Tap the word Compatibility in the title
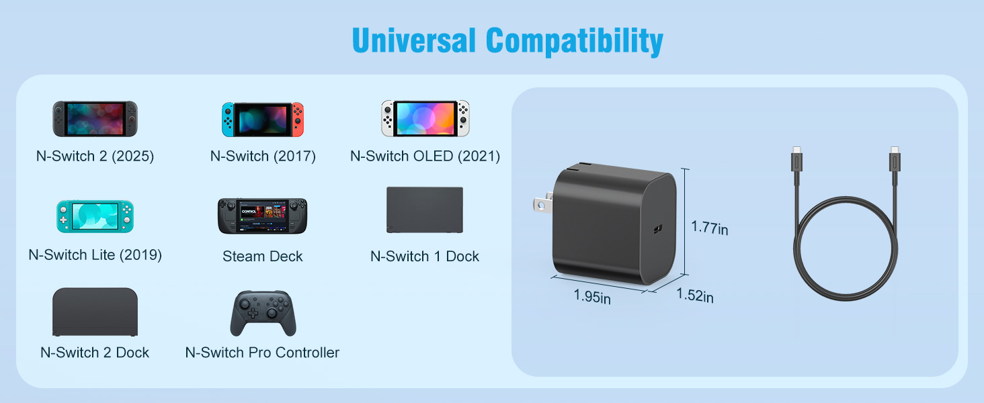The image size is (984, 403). [575, 42]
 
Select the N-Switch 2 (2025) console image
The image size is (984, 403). [95, 119]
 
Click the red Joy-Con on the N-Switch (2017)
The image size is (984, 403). [298, 119]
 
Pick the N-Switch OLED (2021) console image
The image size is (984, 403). [425, 118]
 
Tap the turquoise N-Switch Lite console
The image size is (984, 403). [95, 216]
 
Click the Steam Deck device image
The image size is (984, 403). [262, 216]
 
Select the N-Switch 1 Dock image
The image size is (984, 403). [425, 210]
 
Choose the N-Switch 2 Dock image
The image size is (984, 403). [95, 312]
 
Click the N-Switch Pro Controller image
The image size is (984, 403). [263, 314]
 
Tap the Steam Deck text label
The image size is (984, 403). [263, 256]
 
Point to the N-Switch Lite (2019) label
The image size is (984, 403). [95, 255]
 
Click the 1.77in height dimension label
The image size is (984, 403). [710, 228]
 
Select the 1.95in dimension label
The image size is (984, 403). [592, 296]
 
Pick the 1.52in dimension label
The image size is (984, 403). [695, 295]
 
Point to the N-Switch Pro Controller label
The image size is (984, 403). [263, 353]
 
